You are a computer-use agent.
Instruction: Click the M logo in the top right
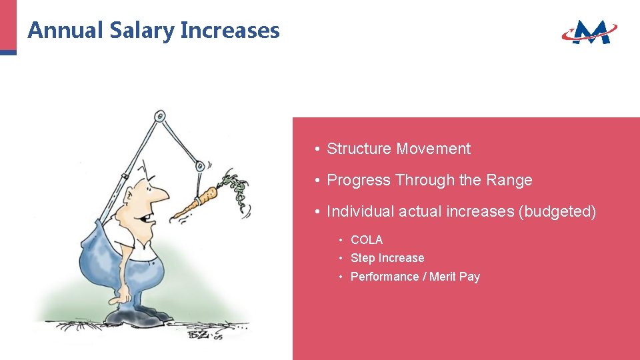(590, 31)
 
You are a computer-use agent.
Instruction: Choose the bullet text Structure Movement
(398, 149)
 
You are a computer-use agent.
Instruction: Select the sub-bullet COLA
(367, 240)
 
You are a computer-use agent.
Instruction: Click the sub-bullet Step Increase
(387, 258)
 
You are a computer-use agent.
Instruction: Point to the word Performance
(384, 277)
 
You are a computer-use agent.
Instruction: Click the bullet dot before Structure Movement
(319, 149)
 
